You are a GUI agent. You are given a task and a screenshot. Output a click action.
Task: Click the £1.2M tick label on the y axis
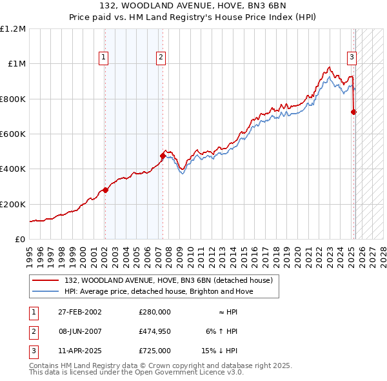[x=13, y=29]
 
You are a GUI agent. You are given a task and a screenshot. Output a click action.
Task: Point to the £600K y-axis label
[x=13, y=134]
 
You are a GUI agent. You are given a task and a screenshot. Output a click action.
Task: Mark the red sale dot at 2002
[x=105, y=190]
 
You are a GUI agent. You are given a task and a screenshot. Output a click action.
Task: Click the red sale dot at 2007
[x=163, y=156]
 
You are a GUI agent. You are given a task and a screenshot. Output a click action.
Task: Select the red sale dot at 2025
[x=353, y=112]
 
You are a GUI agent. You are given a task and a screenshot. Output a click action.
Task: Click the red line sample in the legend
[x=46, y=280]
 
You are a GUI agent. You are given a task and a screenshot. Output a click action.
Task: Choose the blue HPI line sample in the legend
[x=46, y=291]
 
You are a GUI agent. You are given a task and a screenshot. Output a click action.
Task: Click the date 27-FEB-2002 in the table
[x=79, y=311]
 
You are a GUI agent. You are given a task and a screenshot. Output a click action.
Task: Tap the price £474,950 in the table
[x=154, y=331]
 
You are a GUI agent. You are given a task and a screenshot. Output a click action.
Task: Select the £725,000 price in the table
[x=154, y=351]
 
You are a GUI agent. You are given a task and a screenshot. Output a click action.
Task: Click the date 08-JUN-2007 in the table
[x=80, y=331]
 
